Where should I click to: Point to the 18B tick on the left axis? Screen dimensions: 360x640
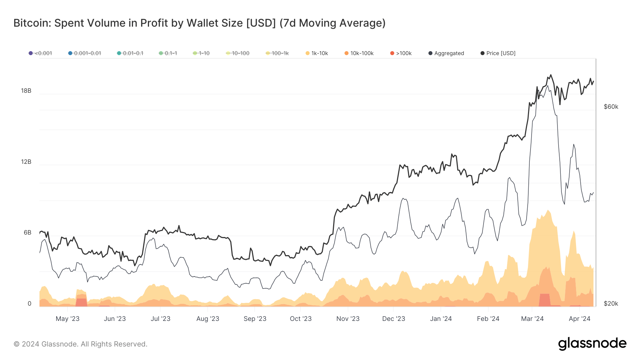26,91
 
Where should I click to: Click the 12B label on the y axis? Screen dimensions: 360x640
26,162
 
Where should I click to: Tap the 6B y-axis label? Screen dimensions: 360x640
28,232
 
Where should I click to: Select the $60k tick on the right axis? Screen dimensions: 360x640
611,107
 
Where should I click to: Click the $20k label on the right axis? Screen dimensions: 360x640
611,303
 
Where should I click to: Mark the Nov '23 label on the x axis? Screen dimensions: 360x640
348,319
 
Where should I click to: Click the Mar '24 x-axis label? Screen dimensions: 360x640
532,319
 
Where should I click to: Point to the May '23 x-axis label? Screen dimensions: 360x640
68,319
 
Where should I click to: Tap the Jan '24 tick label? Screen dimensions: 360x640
441,319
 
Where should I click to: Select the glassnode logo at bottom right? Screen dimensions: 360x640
592,343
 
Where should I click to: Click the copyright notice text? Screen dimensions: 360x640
80,344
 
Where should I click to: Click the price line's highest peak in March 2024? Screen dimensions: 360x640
551,75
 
